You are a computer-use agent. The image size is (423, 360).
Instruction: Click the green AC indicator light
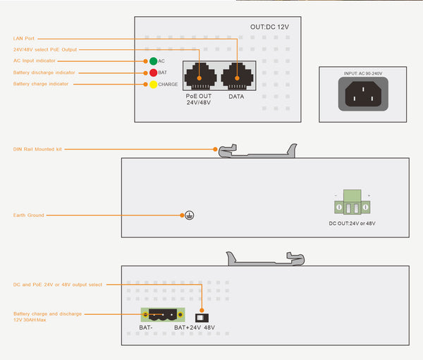point(153,61)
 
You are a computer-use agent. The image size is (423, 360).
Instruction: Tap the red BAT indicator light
point(153,73)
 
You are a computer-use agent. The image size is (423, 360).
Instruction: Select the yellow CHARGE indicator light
point(153,85)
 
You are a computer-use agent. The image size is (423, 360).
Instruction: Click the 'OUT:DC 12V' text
point(270,27)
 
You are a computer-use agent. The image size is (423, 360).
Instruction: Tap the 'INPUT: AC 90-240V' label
point(362,73)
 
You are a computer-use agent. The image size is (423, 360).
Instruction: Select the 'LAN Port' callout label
point(23,38)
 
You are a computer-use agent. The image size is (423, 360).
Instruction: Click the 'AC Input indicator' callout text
point(35,61)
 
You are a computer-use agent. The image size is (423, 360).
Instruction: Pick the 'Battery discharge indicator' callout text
point(44,73)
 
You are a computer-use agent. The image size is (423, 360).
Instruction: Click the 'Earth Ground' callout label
point(29,215)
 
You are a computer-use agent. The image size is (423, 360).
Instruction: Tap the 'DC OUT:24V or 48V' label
point(352,223)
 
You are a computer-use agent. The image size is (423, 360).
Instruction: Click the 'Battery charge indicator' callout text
point(42,85)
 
